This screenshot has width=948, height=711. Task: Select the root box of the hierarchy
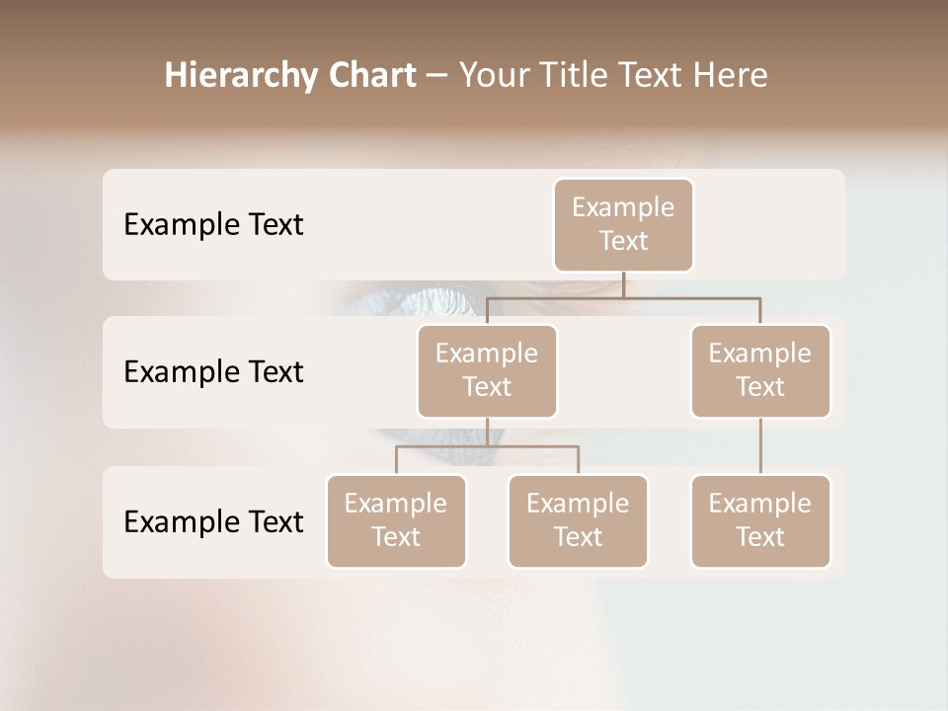pyautogui.click(x=623, y=224)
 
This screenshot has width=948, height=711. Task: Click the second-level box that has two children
pyautogui.click(x=487, y=370)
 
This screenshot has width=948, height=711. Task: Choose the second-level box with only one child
pyautogui.click(x=760, y=370)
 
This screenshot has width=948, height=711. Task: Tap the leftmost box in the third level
pyautogui.click(x=396, y=520)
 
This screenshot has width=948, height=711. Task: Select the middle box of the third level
pyautogui.click(x=578, y=520)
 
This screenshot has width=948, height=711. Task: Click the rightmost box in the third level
pyautogui.click(x=760, y=520)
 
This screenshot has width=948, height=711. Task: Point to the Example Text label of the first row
pyautogui.click(x=213, y=225)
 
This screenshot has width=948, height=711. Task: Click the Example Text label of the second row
pyautogui.click(x=213, y=372)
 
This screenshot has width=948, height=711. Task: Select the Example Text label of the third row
pyautogui.click(x=213, y=522)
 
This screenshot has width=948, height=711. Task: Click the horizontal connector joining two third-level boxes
pyautogui.click(x=487, y=446)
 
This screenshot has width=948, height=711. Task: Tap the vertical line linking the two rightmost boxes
pyautogui.click(x=760, y=446)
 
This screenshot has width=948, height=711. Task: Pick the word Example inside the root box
pyautogui.click(x=623, y=207)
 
